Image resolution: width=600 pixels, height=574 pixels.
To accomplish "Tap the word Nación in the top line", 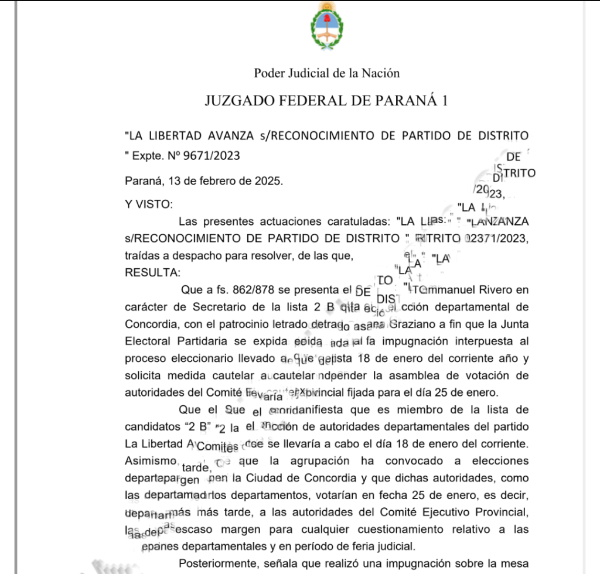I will [x=381, y=73].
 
